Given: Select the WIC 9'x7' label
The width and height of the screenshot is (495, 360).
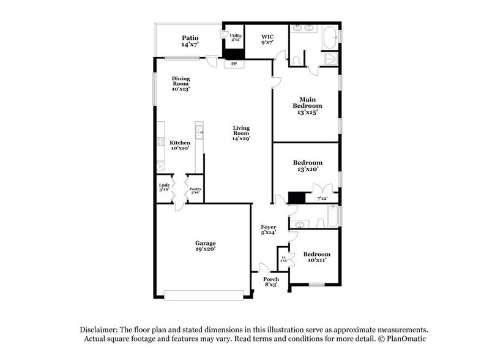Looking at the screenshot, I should (x=266, y=40).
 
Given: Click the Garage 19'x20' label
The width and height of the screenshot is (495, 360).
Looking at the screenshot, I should (x=205, y=246).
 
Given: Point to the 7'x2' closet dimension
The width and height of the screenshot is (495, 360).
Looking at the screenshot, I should (x=322, y=199).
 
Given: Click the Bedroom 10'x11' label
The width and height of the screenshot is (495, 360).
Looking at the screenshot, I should (x=317, y=257).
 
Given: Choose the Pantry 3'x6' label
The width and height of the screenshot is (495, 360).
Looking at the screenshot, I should (x=195, y=191).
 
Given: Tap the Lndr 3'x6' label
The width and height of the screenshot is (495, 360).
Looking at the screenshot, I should (x=164, y=187).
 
